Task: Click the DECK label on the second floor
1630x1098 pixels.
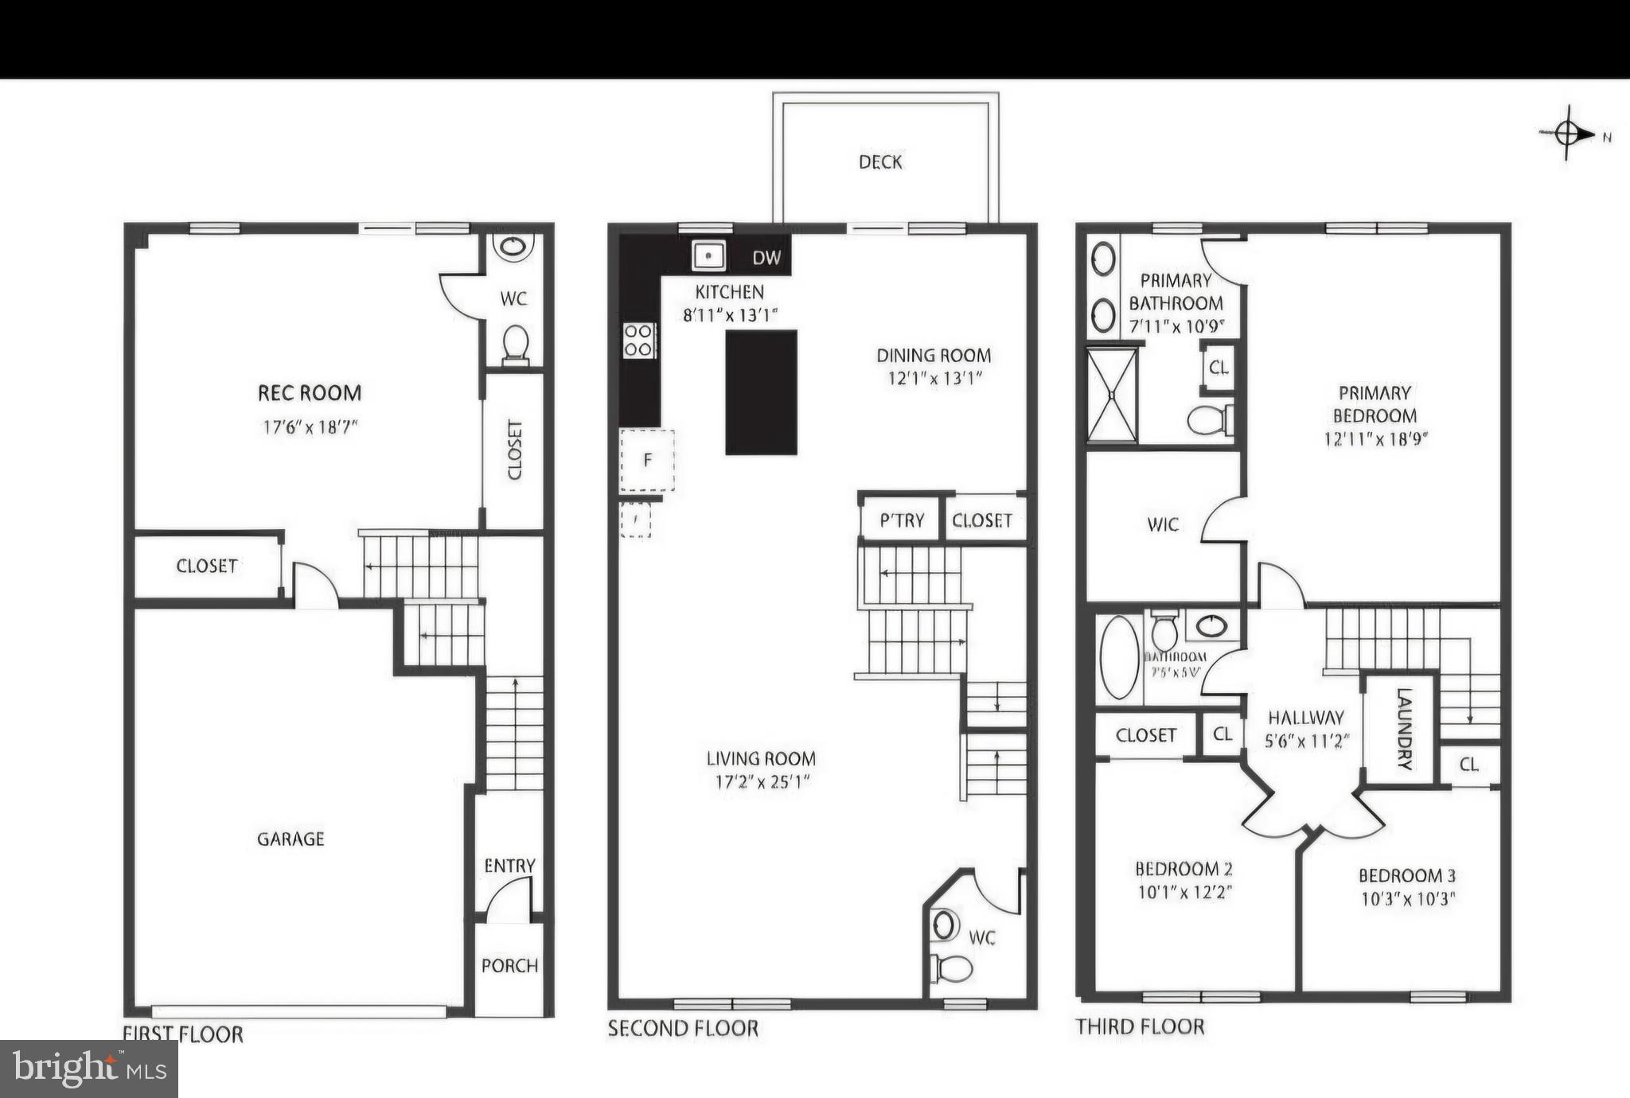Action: [x=880, y=162]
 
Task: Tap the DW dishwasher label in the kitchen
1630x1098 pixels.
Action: [x=766, y=258]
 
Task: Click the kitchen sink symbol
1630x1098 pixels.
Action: [x=708, y=256]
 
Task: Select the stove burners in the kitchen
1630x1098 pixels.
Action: [x=639, y=341]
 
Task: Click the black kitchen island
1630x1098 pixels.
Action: [x=761, y=392]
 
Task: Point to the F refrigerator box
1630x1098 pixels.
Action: [x=648, y=460]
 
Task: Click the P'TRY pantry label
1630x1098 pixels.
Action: [x=902, y=520]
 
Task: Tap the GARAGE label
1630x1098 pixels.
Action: [x=291, y=839]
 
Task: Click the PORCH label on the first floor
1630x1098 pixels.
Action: [x=509, y=966]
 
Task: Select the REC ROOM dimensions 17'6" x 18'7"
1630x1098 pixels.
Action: [x=310, y=427]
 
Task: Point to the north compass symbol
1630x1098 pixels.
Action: [x=1567, y=134]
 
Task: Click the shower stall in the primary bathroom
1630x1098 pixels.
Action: [x=1112, y=395]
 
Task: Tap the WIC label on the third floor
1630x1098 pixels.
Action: [x=1163, y=525]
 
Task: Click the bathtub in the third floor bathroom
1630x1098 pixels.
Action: [x=1119, y=657]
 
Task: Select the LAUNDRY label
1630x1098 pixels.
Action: [x=1405, y=729]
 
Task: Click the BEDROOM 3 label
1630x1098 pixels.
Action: [x=1406, y=876]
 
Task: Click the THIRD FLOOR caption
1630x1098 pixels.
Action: [x=1140, y=1027]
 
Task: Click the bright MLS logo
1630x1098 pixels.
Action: [x=88, y=1069]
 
